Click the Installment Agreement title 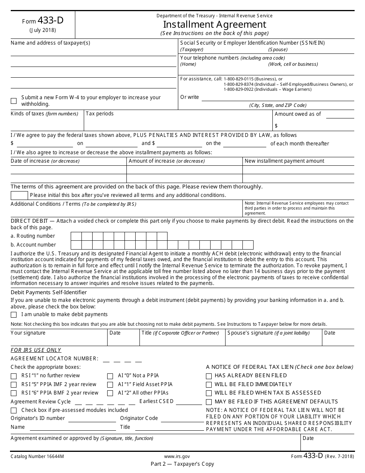(x=214, y=24)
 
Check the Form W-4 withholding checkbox (x=14, y=101)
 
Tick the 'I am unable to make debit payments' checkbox (x=14, y=315)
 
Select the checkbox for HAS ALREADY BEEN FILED (x=209, y=376)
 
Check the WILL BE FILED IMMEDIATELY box (x=209, y=385)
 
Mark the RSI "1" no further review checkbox (x=14, y=376)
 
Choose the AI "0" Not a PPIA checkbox (x=110, y=376)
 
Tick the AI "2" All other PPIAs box (x=110, y=393)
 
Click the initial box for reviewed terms (x=19, y=195)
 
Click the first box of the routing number (x=76, y=236)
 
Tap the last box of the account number (x=248, y=245)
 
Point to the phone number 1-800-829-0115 (x=238, y=79)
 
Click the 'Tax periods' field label (x=100, y=114)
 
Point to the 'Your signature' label (x=28, y=333)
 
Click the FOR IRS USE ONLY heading (x=36, y=350)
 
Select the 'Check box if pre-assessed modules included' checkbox (x=14, y=410)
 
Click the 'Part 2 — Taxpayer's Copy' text (x=182, y=464)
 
